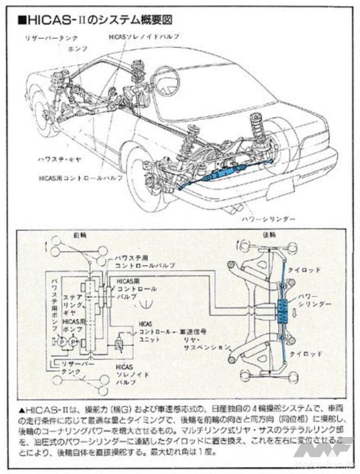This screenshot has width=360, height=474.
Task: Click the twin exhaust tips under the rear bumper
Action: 232,209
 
